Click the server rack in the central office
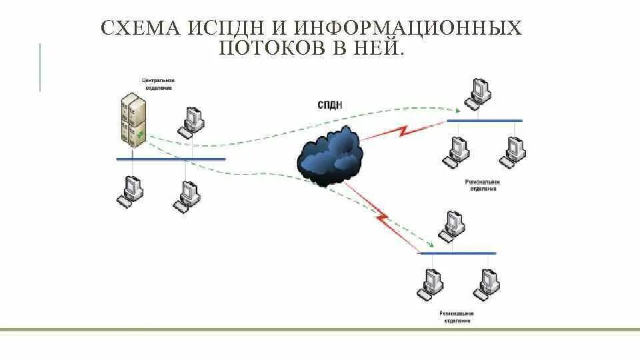[133, 119]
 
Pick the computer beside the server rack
[192, 121]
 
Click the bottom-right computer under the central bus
[187, 195]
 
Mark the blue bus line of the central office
[171, 159]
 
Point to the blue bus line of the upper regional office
[484, 121]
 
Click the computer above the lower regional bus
[452, 225]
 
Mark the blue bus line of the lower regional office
[457, 253]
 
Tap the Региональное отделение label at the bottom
[456, 316]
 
